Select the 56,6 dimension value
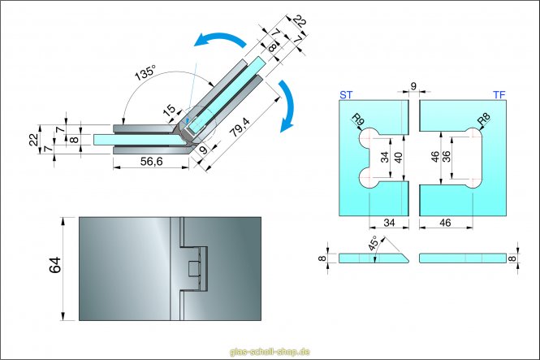coord(152,162)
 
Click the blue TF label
coord(499,95)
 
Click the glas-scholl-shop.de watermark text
coord(270,352)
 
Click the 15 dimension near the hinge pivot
coord(169,111)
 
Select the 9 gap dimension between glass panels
coord(413,85)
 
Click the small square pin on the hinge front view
coord(195,269)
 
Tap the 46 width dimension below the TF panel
coord(444,222)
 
